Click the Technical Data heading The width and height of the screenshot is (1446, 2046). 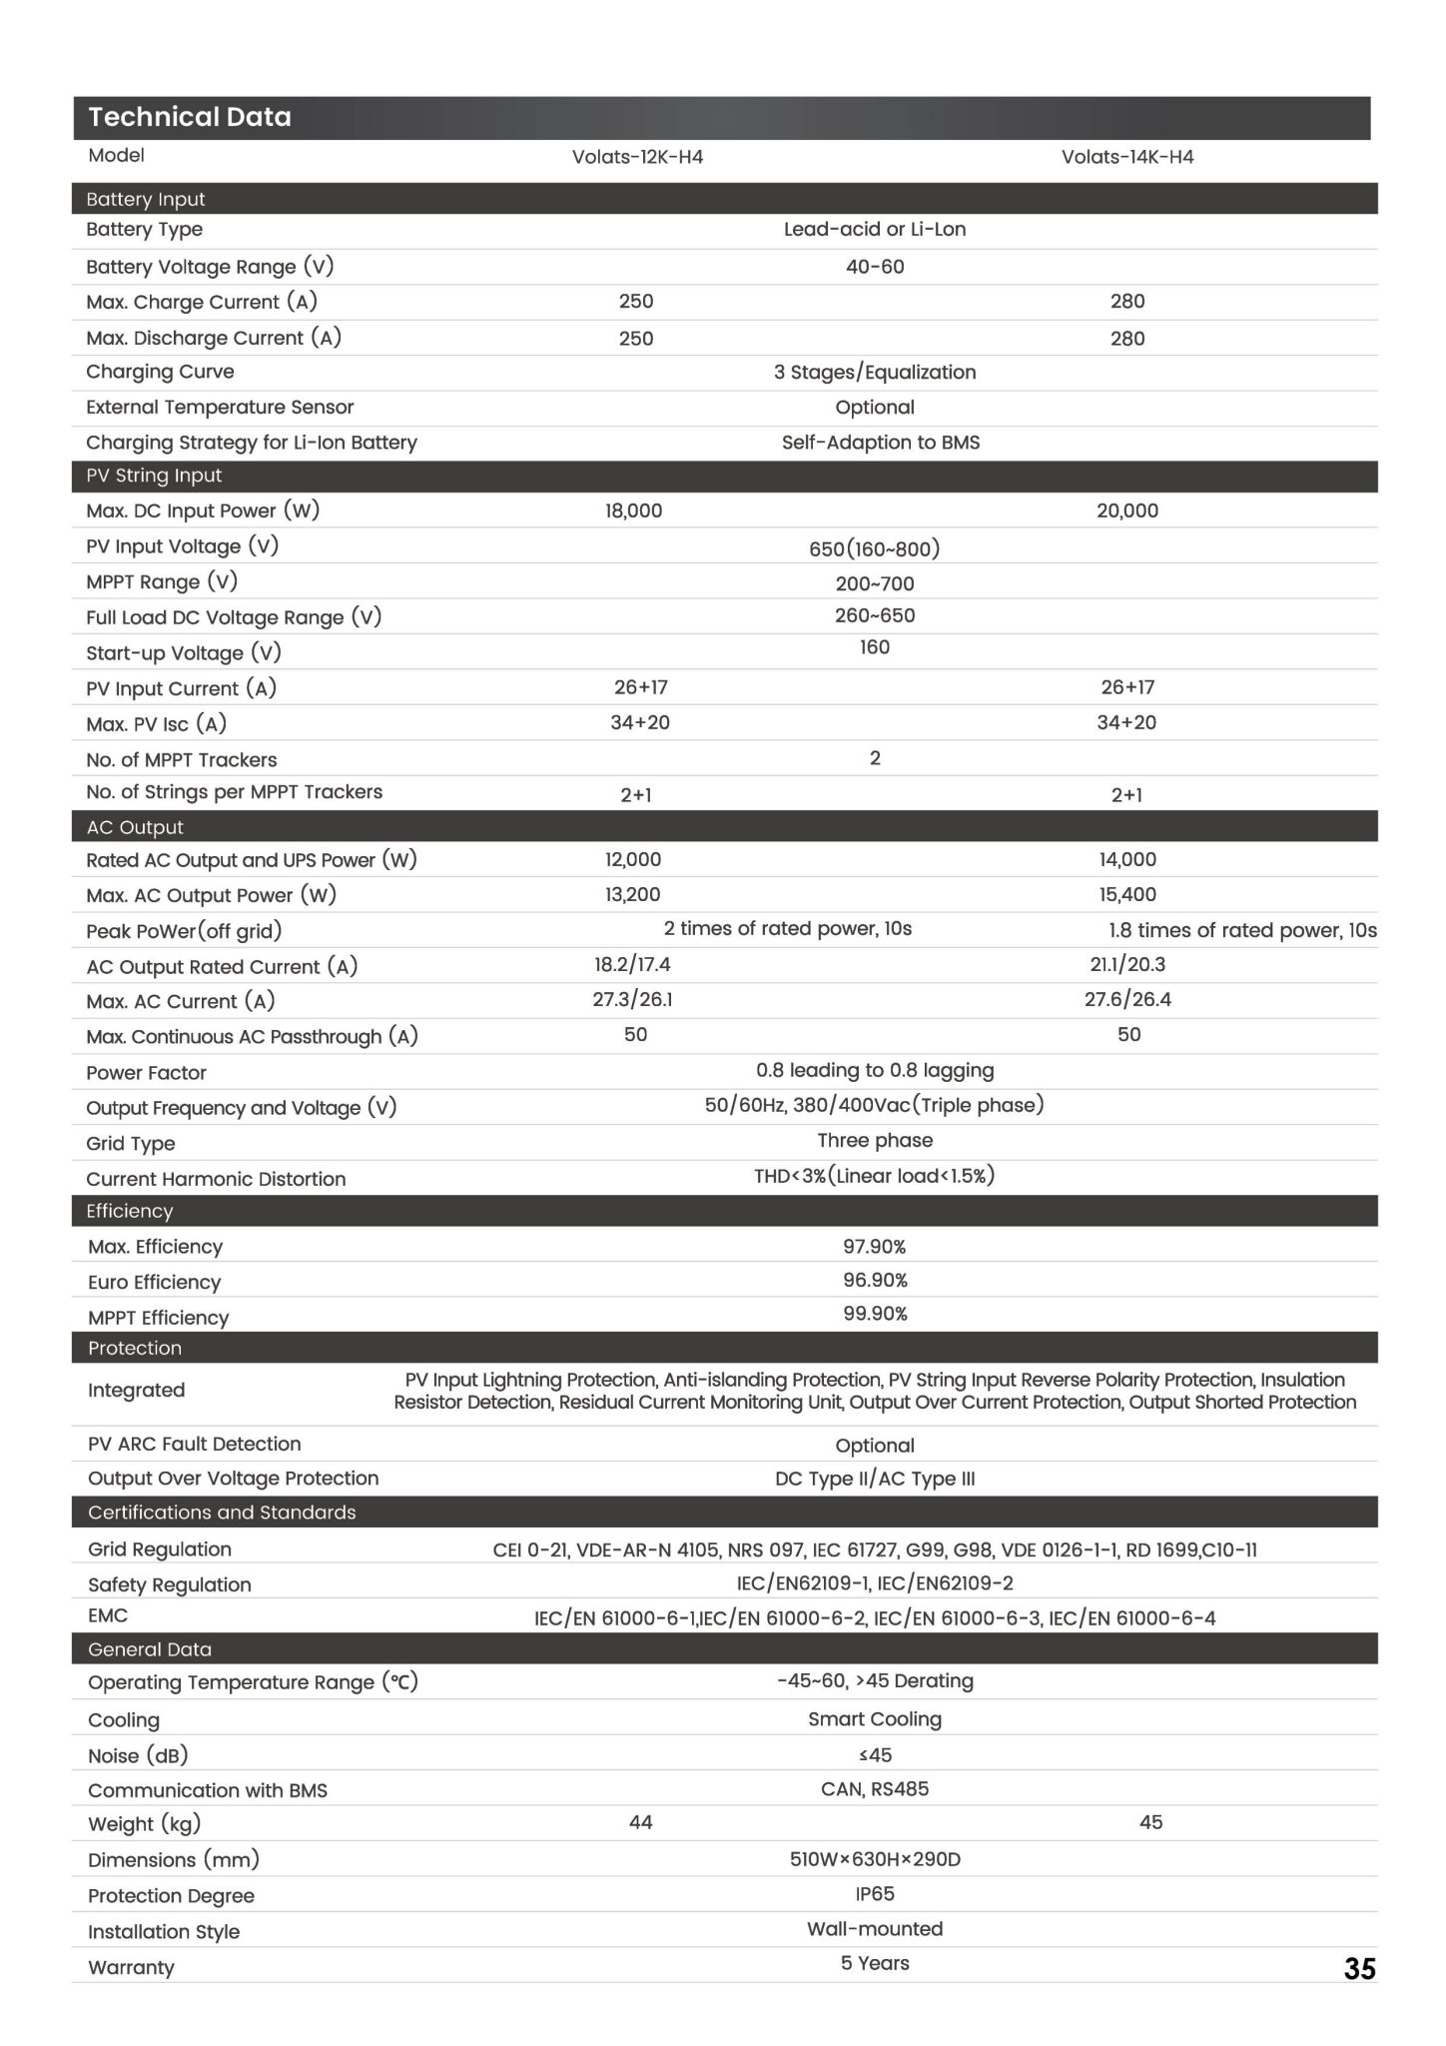190,117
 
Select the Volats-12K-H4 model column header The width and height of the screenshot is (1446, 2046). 637,157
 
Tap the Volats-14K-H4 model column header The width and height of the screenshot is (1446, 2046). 1126,157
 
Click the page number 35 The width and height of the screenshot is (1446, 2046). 1359,1968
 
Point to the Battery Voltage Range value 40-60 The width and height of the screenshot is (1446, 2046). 875,267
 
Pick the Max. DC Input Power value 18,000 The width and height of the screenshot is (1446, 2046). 633,511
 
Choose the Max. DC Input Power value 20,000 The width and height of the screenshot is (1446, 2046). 1126,511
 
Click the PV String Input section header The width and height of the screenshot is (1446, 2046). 154,476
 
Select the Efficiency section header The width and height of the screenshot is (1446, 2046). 130,1211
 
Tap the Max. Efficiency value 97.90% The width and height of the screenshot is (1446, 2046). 875,1246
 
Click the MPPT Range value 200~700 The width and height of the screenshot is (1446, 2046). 875,583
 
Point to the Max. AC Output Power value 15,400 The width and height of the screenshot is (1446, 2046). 1127,894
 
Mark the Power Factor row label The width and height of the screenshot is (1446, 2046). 146,1073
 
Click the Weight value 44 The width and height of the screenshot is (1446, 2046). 640,1822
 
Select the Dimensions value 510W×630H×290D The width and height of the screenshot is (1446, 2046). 875,1859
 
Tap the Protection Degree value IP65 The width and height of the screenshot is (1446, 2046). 875,1893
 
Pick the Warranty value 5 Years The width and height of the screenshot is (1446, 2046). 875,1963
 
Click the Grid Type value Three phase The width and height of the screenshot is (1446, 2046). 875,1140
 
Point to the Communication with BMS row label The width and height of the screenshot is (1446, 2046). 208,1790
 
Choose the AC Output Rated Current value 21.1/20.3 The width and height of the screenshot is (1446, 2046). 1127,964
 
